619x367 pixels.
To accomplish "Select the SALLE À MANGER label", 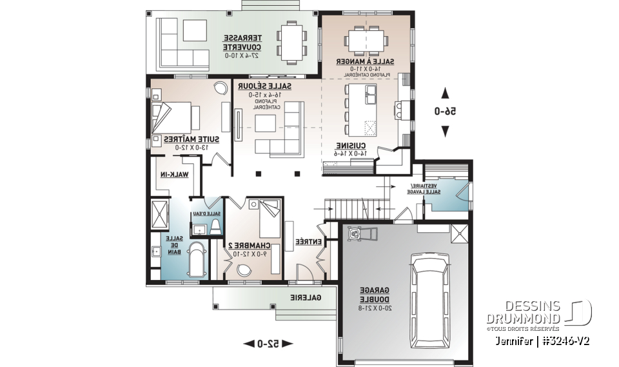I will point(365,61).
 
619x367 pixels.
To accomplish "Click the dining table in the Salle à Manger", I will point(365,39).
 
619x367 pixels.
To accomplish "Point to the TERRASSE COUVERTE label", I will point(241,43).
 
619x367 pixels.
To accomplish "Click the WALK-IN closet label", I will point(173,174).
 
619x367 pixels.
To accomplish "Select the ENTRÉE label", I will point(308,241).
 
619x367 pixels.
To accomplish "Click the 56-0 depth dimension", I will point(444,111).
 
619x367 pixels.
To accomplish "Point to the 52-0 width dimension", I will point(268,344).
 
